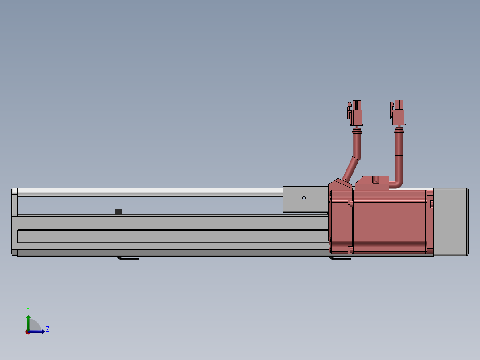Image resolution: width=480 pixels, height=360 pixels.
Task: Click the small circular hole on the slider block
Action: (x=304, y=198)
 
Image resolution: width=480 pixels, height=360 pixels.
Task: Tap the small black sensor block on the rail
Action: (x=118, y=211)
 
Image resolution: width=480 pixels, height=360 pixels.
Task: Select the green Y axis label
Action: (x=28, y=310)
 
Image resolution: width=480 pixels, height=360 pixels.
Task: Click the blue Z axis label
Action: (x=48, y=329)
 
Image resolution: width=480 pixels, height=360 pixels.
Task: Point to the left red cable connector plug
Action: (x=355, y=113)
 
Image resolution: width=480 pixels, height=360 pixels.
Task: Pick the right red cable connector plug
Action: (x=397, y=112)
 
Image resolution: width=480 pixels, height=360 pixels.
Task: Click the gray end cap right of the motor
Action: (x=451, y=222)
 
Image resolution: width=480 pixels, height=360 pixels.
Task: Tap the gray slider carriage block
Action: (x=305, y=199)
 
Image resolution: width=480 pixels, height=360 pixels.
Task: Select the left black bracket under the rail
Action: (x=128, y=258)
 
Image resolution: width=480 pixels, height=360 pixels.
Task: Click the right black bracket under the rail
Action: (x=340, y=258)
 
